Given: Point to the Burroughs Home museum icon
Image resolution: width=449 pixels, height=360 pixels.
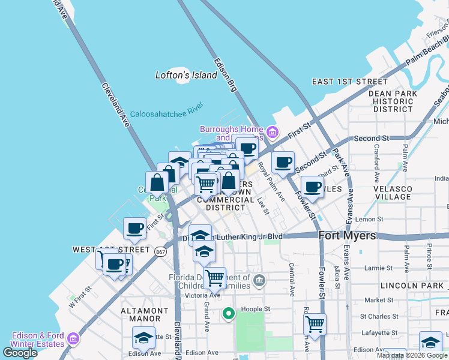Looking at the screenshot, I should (x=272, y=132).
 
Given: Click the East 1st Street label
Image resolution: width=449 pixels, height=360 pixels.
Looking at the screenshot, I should (x=350, y=82).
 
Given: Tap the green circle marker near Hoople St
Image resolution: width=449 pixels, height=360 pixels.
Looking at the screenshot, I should (x=228, y=313).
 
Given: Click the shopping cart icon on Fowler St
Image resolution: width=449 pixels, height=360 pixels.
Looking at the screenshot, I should (x=315, y=325).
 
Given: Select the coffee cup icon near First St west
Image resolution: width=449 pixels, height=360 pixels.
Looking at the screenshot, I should (x=134, y=228).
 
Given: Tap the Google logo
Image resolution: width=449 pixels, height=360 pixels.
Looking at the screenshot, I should (x=20, y=353).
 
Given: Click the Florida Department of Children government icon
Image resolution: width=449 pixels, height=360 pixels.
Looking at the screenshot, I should (x=259, y=279).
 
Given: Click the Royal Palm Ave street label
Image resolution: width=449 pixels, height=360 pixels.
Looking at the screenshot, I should (x=271, y=181).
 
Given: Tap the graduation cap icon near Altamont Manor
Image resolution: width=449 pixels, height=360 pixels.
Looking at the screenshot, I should (x=143, y=338).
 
